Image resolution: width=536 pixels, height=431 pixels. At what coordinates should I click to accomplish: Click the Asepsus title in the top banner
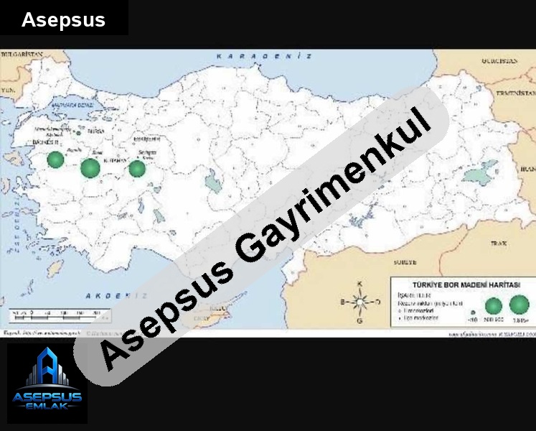[63, 20]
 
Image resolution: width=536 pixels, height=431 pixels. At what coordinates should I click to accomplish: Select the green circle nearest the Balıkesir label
[56, 159]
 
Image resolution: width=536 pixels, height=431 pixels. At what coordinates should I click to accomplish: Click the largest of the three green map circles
[90, 168]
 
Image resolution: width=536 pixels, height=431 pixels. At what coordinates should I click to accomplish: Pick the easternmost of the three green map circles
[136, 169]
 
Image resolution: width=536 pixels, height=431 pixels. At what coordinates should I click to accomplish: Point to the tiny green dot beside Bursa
[78, 133]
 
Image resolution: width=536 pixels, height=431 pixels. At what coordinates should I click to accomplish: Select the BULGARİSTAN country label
[22, 54]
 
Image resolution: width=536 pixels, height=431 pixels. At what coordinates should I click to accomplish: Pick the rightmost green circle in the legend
[519, 305]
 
